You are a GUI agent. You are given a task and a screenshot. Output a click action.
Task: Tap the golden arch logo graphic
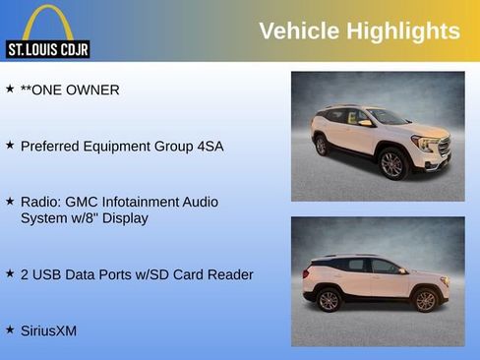[x=48, y=22]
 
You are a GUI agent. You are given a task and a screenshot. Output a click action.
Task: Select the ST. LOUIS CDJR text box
[x=47, y=49]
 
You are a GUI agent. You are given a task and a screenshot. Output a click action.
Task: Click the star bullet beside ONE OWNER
[x=10, y=89]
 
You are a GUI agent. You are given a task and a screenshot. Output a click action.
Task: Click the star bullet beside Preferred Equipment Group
[x=10, y=145]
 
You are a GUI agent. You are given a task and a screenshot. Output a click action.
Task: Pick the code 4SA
[x=207, y=146]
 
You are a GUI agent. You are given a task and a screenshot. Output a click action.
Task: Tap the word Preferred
[x=51, y=146]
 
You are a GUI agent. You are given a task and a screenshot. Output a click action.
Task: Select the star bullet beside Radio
[x=10, y=201]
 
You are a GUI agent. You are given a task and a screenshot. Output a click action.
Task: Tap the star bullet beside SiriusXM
[x=10, y=330]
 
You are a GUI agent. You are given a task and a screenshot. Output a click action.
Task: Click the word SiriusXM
[x=48, y=330]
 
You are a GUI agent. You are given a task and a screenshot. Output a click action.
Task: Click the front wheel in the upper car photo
[x=391, y=163]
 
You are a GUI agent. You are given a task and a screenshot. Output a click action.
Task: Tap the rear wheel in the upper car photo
[x=322, y=146]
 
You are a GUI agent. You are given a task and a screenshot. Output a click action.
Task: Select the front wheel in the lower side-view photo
[x=425, y=300]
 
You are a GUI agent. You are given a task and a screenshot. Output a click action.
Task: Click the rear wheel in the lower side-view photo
[x=329, y=300]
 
